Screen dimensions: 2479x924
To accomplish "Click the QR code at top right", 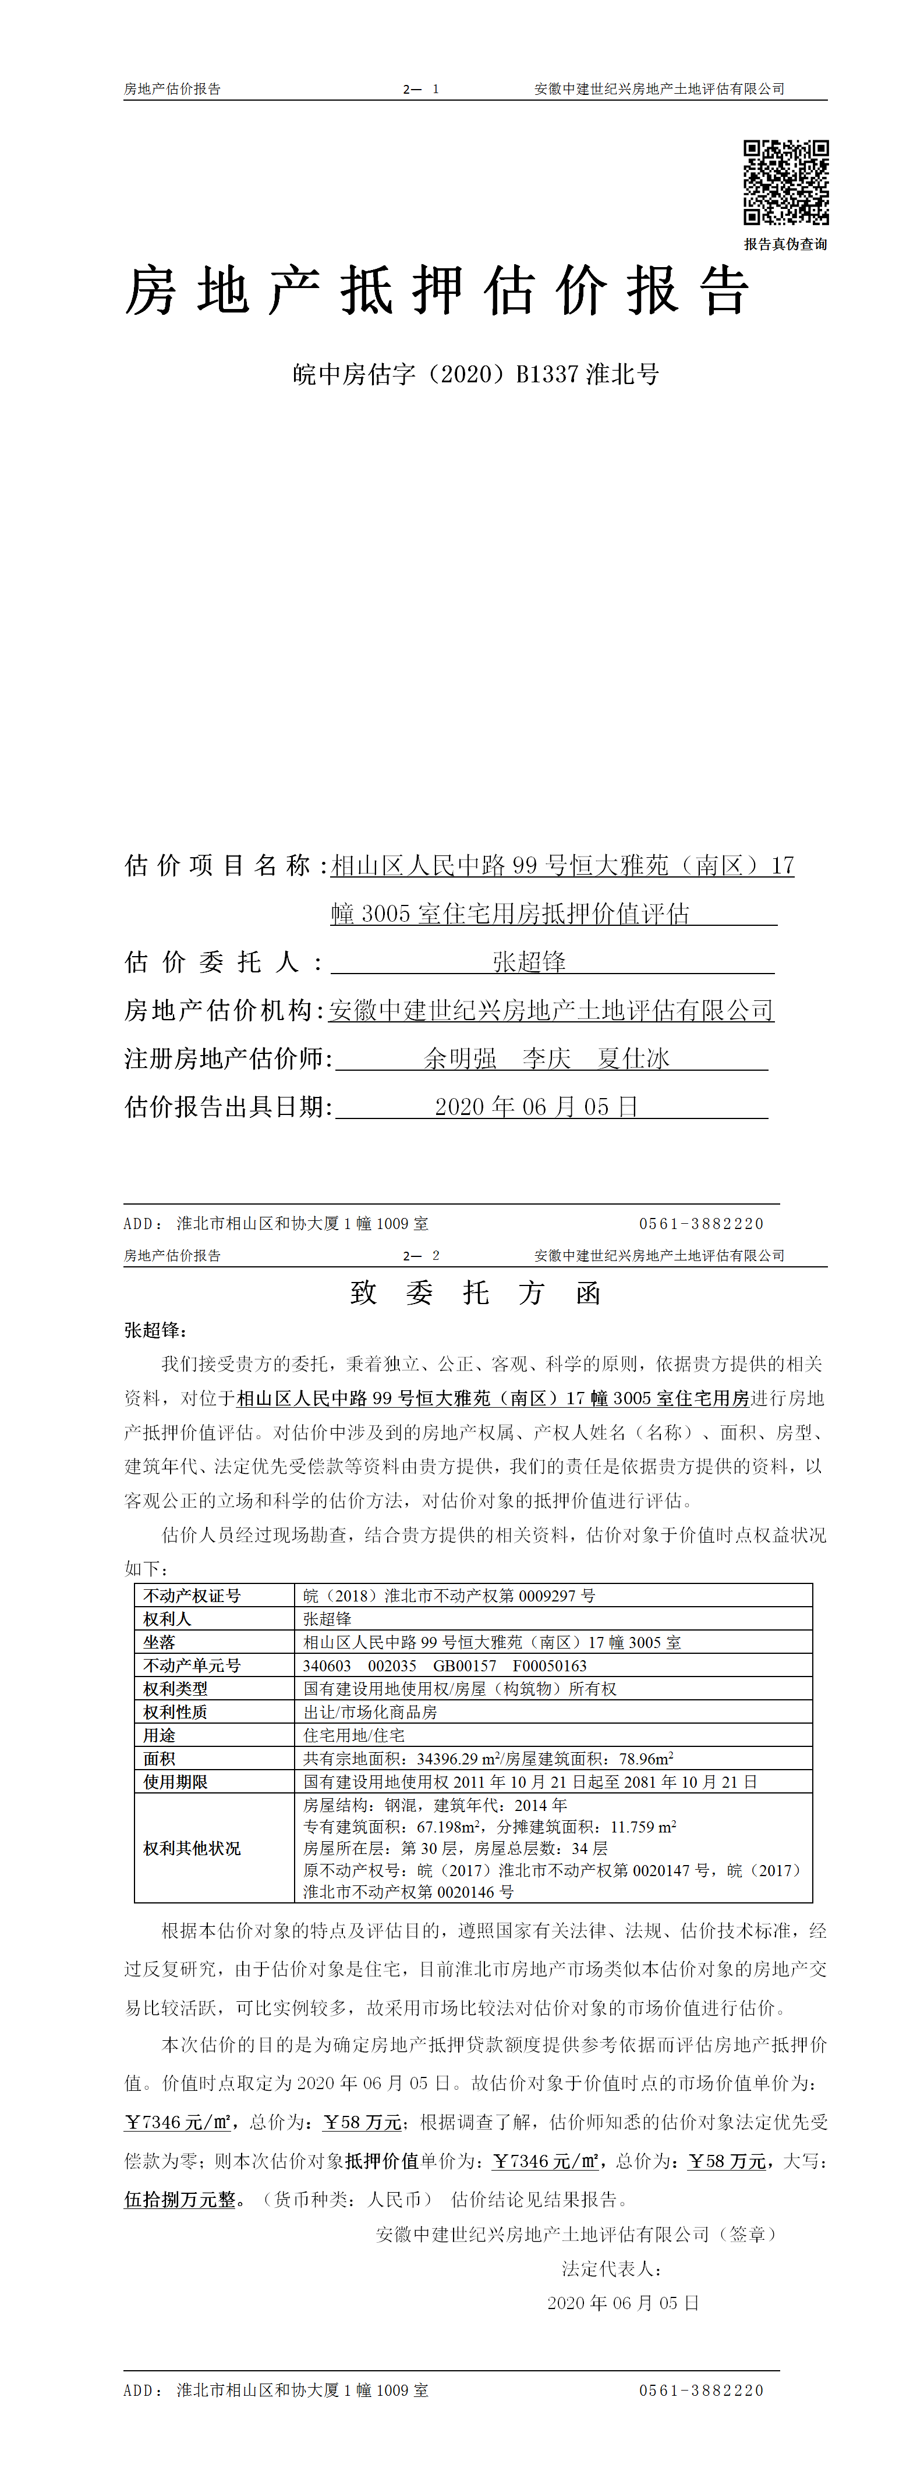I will [x=785, y=183].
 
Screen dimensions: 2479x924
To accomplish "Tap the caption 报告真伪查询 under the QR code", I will [x=785, y=244].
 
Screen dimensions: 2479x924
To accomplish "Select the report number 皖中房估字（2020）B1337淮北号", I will [x=476, y=374].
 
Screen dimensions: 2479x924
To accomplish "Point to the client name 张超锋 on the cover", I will [x=529, y=961].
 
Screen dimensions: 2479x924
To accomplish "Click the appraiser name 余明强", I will [x=460, y=1059].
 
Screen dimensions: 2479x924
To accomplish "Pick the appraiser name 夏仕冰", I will [x=633, y=1059].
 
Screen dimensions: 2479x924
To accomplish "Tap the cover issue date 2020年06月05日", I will [x=536, y=1107].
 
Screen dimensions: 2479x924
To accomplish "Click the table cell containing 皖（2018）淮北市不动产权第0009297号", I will [x=449, y=1596].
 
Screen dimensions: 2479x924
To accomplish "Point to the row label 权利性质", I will [x=175, y=1712].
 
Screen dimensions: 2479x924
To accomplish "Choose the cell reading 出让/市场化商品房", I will [x=370, y=1712].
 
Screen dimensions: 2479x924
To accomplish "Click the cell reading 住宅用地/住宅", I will [x=354, y=1735].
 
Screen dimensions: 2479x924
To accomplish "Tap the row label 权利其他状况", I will [x=193, y=1848].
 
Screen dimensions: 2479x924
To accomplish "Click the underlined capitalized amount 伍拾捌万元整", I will [x=180, y=2199].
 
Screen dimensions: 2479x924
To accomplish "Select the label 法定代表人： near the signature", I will [x=612, y=2268].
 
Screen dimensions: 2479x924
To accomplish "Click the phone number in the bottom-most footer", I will [x=700, y=2389].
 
